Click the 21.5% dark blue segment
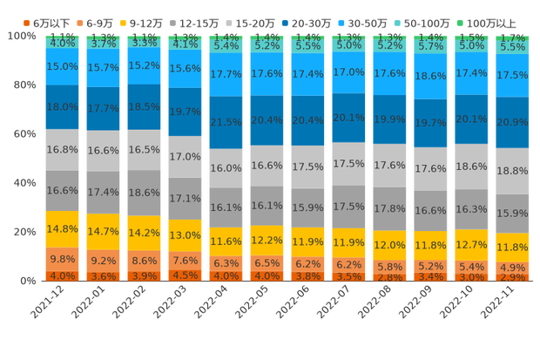click(x=226, y=122)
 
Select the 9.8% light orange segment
click(x=62, y=260)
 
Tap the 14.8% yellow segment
click(x=62, y=229)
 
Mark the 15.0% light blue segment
click(x=62, y=66)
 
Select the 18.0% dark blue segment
click(x=62, y=106)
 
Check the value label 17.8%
click(x=390, y=208)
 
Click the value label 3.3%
click(x=145, y=42)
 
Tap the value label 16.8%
click(x=62, y=149)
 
